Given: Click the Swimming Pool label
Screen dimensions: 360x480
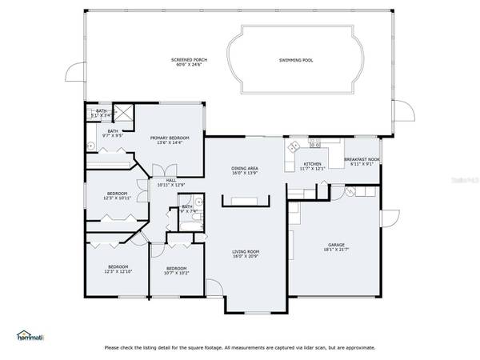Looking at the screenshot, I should click(x=295, y=61).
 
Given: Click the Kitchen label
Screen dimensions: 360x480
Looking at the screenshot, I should click(x=313, y=164).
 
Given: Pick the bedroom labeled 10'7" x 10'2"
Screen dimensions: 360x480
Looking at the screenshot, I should click(x=176, y=270).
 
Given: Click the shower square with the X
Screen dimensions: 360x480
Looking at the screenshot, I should click(x=124, y=114).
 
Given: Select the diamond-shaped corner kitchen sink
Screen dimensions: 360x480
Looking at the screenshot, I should click(x=294, y=146).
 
